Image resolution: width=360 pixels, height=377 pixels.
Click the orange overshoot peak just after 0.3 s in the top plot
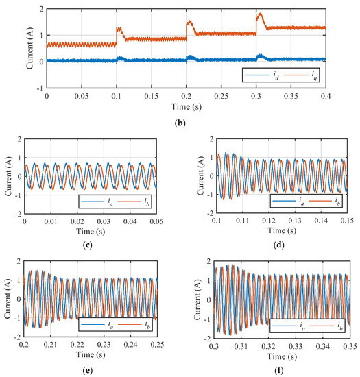(259, 14)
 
